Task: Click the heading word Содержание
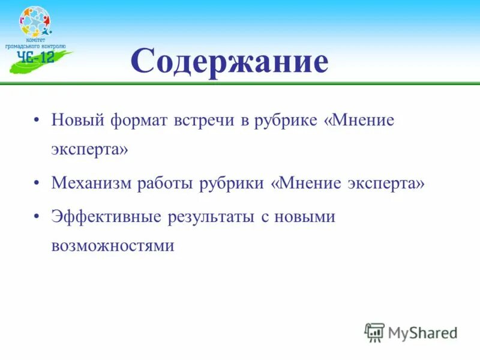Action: click(230, 62)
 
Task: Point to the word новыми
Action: click(304, 216)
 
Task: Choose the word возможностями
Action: click(113, 246)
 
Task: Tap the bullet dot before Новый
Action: click(38, 120)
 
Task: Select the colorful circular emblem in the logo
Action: click(35, 23)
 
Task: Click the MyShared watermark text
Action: click(423, 332)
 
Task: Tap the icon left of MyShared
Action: click(374, 332)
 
